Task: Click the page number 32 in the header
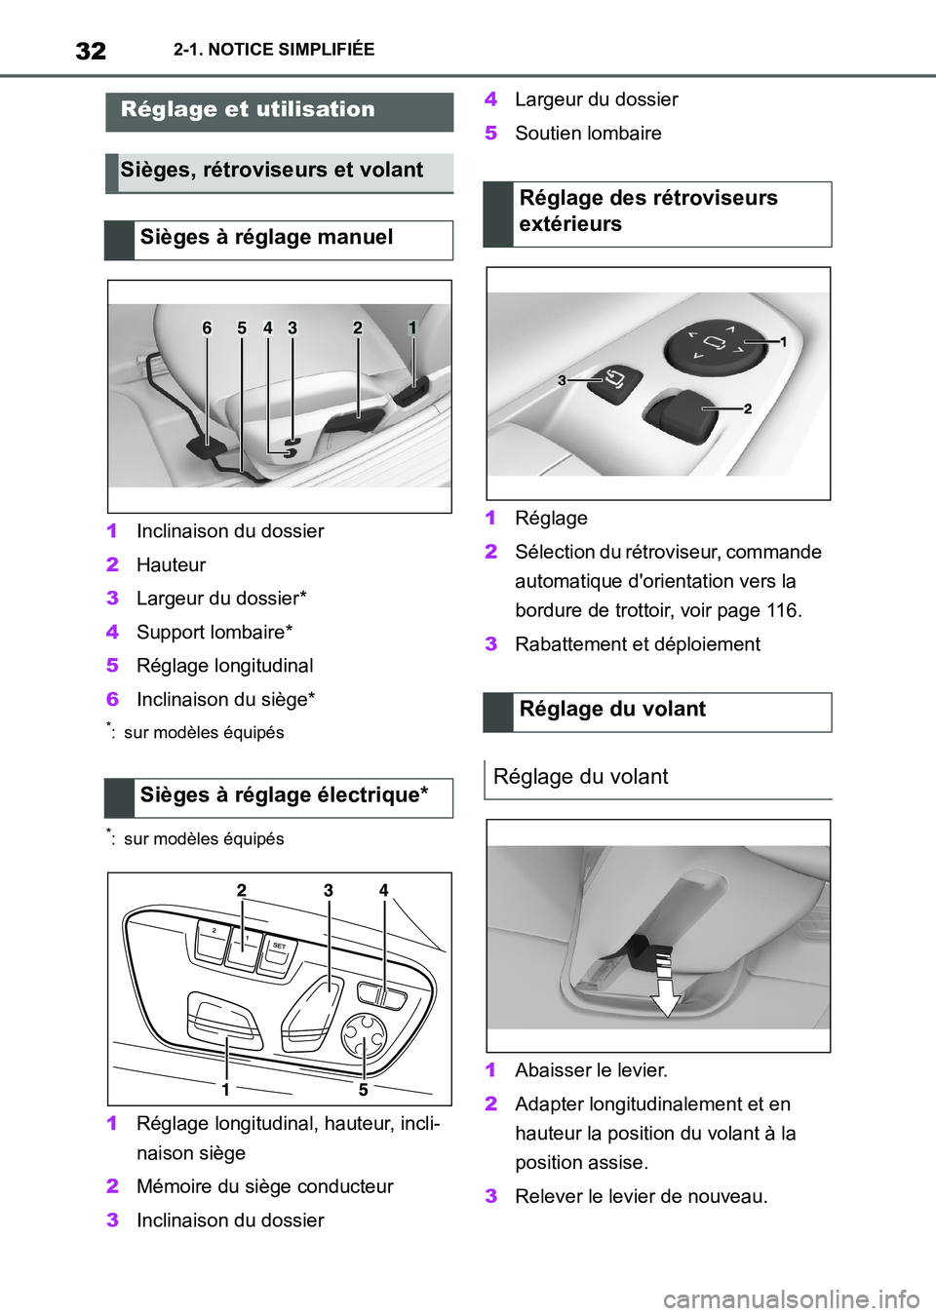click(91, 51)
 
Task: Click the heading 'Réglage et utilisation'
click(248, 110)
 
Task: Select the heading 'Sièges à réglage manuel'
click(266, 238)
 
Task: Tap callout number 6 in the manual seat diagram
click(207, 329)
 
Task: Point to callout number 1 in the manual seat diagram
click(412, 329)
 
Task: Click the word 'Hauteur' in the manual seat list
click(172, 565)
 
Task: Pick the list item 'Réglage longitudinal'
click(224, 666)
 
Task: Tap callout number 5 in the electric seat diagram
click(363, 1089)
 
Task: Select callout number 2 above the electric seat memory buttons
click(242, 890)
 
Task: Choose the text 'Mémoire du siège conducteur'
click(264, 1186)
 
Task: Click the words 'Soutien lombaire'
click(588, 134)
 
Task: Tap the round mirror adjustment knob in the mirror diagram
click(715, 343)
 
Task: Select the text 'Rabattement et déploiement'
click(638, 644)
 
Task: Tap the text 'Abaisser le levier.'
click(591, 1070)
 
